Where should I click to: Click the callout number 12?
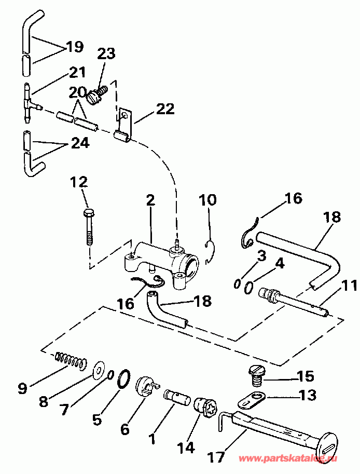[79, 182]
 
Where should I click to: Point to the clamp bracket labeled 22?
[123, 125]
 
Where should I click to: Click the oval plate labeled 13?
[253, 400]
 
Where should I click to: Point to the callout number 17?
[216, 457]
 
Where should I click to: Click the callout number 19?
[75, 47]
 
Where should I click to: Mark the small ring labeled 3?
[238, 283]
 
